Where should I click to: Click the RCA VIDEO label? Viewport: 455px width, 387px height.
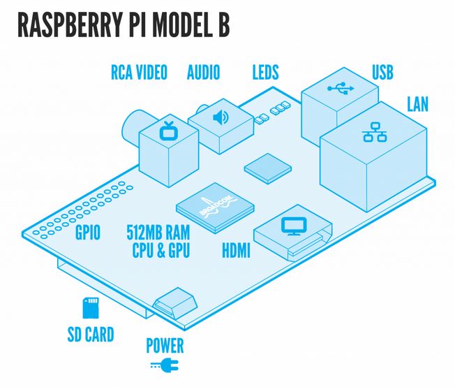[139, 73]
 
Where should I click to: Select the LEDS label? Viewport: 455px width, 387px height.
[265, 73]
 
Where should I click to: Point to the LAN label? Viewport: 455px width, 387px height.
[417, 105]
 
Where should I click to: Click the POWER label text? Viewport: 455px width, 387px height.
[165, 345]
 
